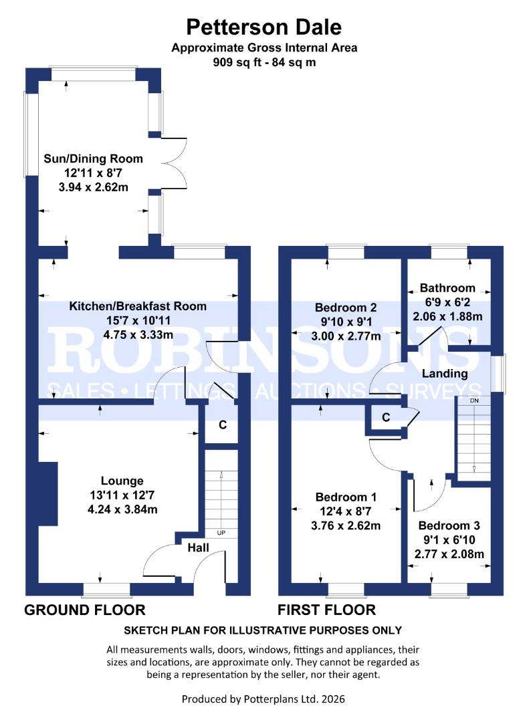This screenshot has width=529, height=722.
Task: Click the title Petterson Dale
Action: point(263,27)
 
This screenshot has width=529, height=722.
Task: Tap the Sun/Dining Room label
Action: point(94,159)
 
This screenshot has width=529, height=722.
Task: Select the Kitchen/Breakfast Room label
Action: point(138,306)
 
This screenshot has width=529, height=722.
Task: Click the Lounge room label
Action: point(122,481)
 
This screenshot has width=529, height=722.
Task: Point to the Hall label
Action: point(199,548)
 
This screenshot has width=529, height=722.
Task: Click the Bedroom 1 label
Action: point(346,497)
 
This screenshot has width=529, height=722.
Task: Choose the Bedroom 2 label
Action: point(346,308)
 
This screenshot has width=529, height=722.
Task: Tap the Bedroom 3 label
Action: point(450,525)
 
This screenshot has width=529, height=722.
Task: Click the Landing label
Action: point(445,374)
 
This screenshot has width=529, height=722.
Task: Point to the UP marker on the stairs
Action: point(220,533)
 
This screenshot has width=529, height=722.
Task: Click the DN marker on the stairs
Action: point(474,400)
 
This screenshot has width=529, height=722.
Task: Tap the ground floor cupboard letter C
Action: point(223,425)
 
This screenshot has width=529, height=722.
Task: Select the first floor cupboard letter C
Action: point(385,417)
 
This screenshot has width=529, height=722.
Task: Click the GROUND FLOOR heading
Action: point(85,610)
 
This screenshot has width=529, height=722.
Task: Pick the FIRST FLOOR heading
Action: point(327,610)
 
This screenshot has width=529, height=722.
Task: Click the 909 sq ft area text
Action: point(263,63)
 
